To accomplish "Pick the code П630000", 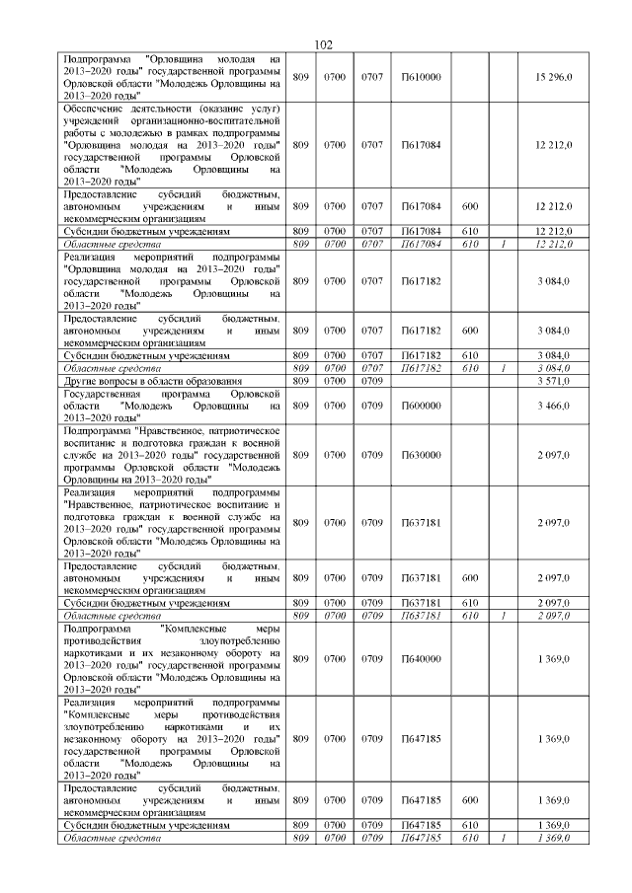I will tap(421, 454).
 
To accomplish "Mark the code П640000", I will tap(421, 658).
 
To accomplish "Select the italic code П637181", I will tap(421, 615).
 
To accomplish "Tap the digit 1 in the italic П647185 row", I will tap(503, 838).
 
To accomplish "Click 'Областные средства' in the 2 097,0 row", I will tap(106, 615).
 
